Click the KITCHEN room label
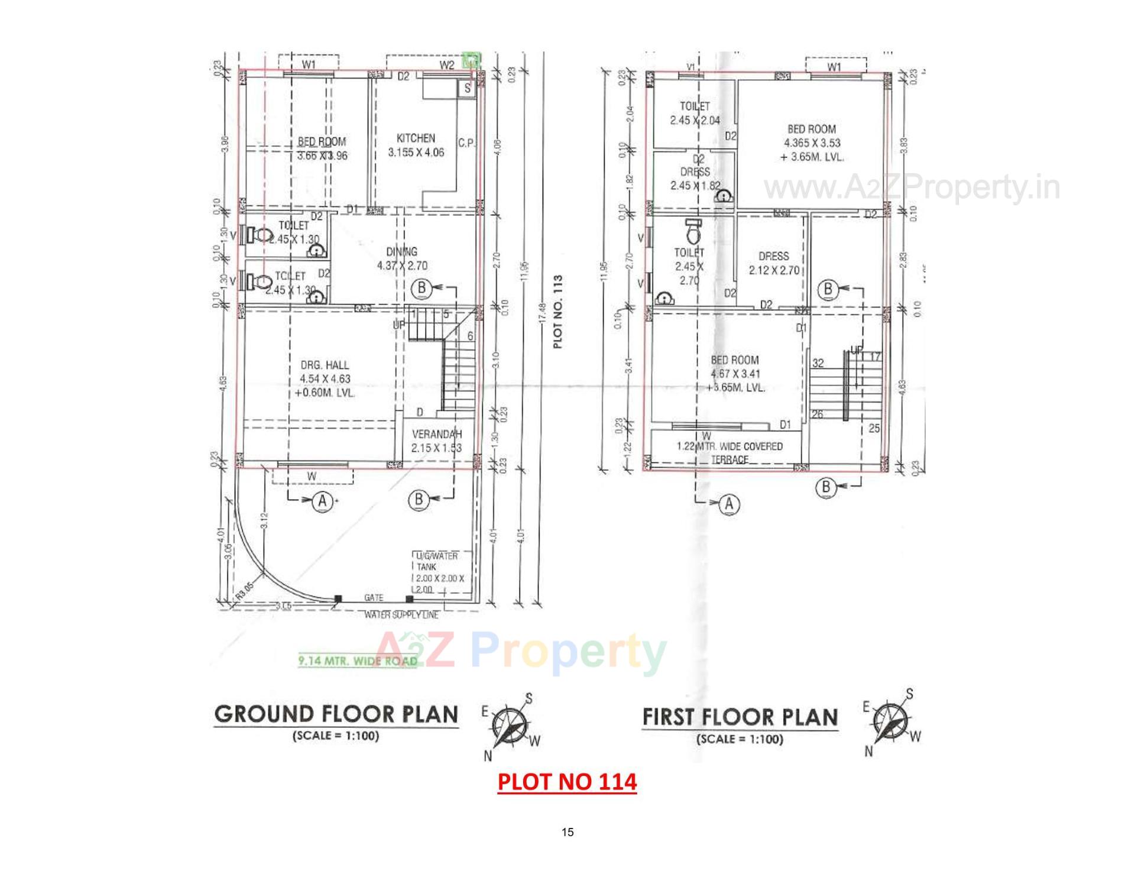point(416,138)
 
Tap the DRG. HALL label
point(325,365)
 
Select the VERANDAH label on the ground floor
point(437,433)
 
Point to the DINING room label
point(402,252)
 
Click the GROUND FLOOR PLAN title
point(336,714)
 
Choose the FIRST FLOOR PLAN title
point(740,717)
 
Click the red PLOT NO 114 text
point(567,782)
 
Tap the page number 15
point(567,832)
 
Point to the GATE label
point(374,598)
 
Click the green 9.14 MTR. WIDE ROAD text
point(358,661)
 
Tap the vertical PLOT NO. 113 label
point(558,311)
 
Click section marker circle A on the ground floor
point(322,501)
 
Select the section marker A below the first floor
point(729,504)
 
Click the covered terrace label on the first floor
point(729,452)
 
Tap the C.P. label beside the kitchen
point(466,143)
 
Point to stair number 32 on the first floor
point(818,363)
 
